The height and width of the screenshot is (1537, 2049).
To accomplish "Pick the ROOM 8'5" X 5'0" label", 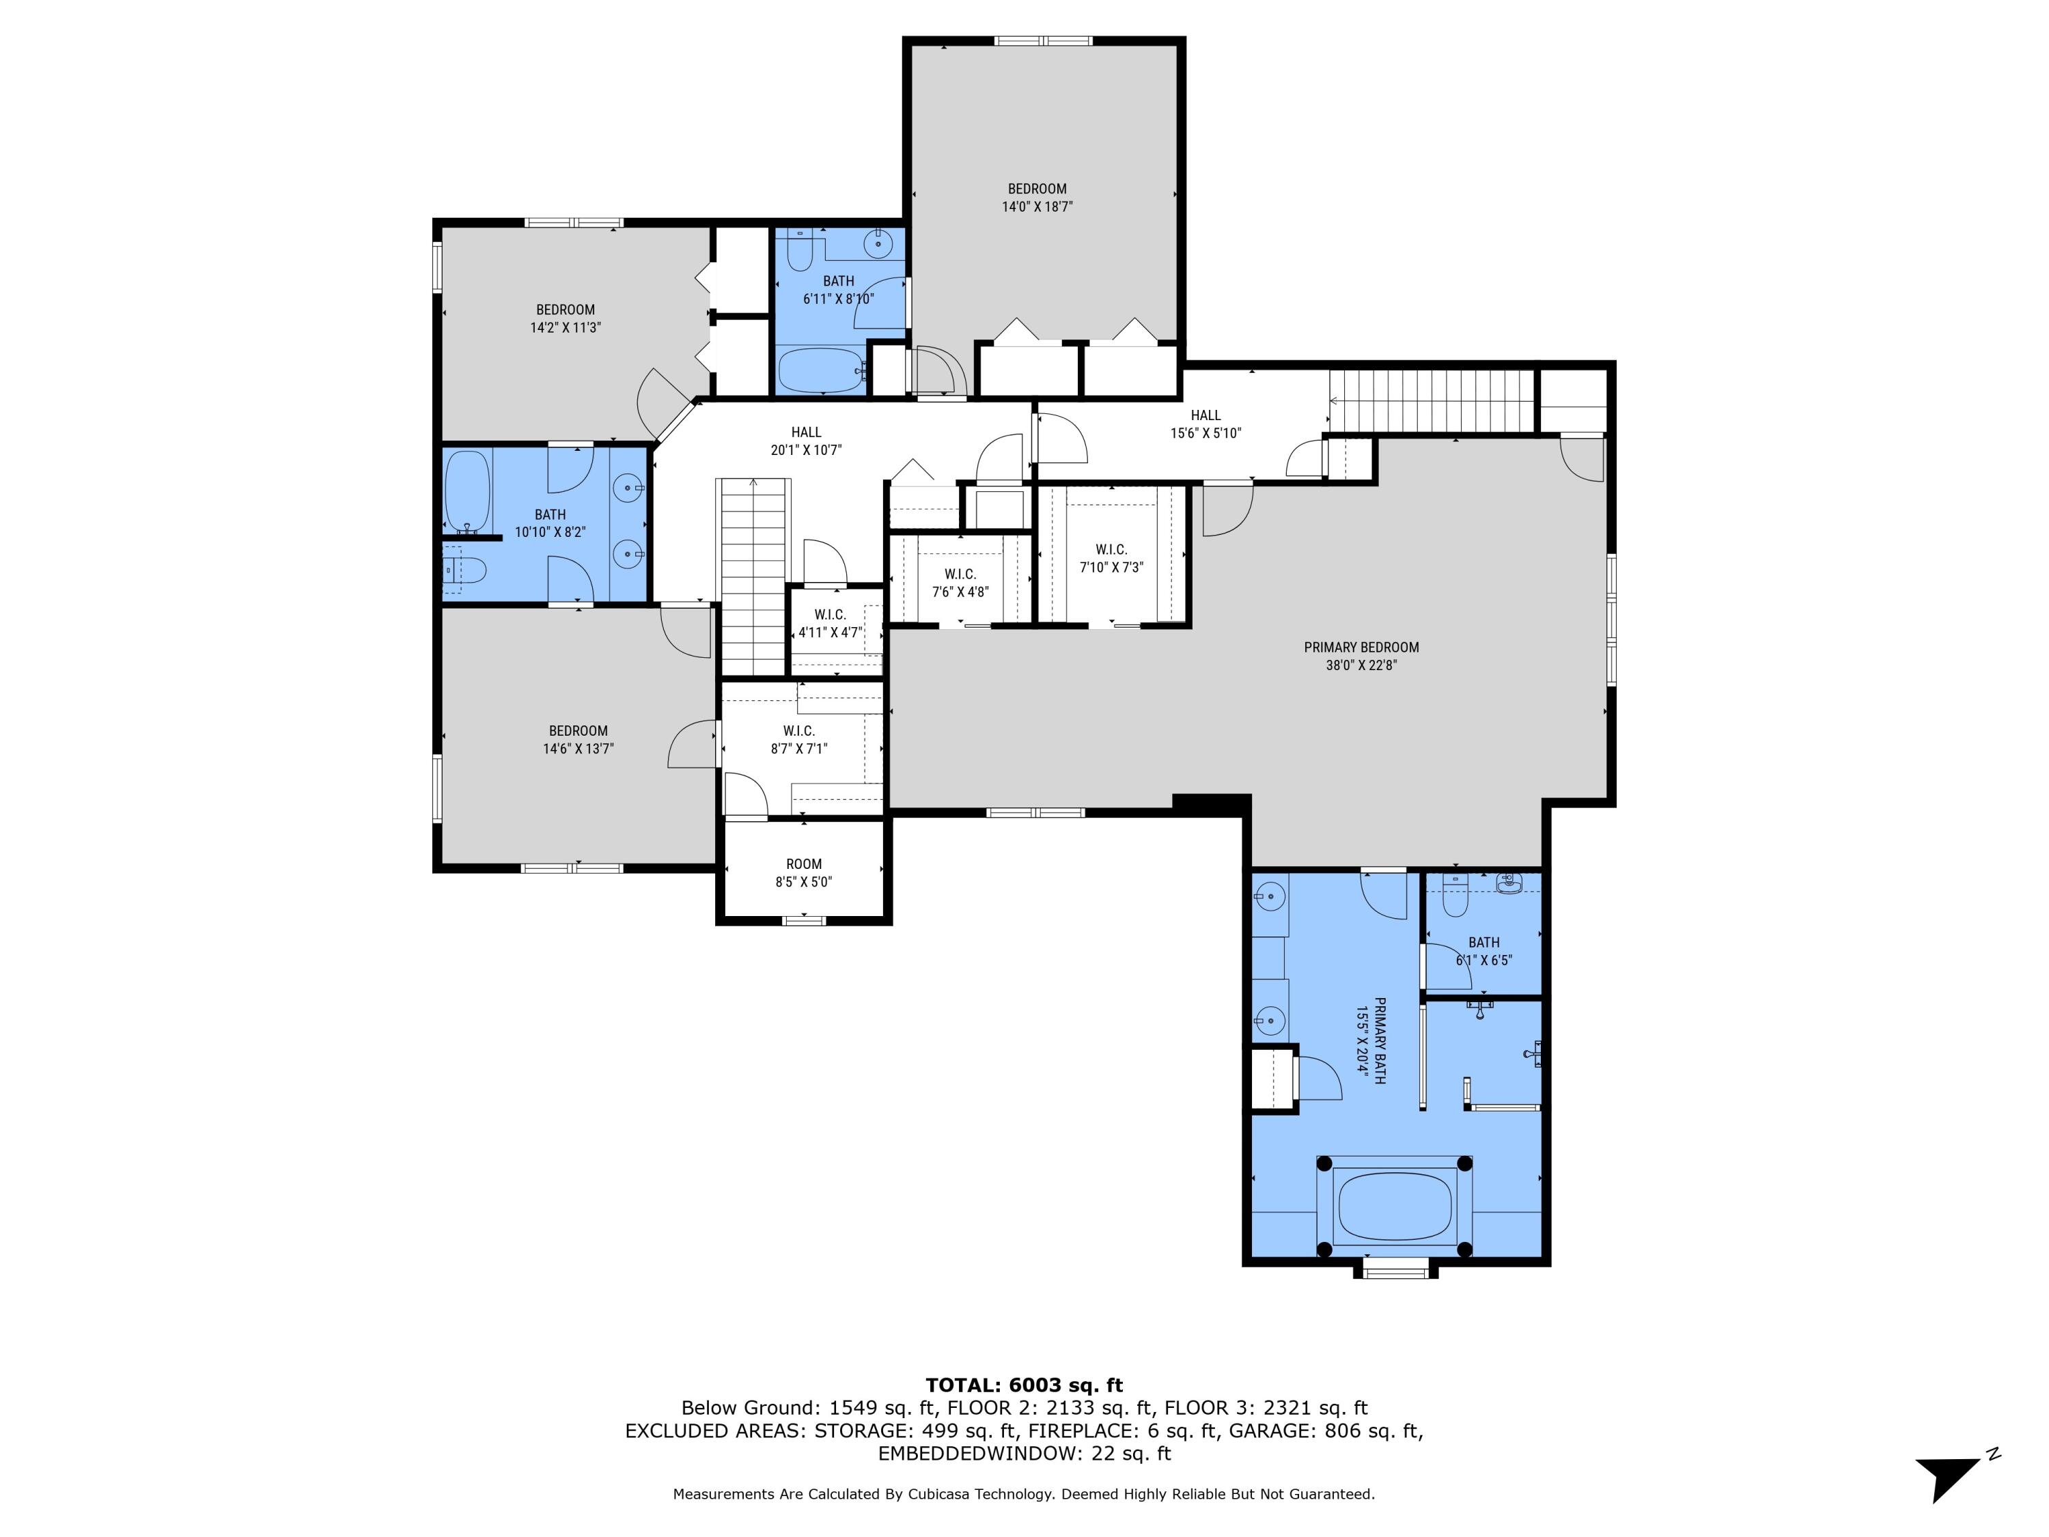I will pos(803,873).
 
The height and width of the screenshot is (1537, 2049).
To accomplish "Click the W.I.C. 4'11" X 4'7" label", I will pos(830,624).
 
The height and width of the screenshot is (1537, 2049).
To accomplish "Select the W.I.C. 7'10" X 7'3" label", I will pos(1111,557).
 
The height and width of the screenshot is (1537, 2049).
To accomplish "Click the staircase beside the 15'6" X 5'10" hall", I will pos(1431,400).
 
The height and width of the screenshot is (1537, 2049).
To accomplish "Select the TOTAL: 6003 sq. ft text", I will pos(1024,1385).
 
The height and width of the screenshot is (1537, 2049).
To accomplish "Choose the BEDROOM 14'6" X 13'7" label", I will pos(578,739).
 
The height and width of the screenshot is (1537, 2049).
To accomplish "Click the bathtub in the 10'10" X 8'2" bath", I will pos(468,491).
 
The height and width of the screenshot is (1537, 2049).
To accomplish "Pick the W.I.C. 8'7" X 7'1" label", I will pos(798,739).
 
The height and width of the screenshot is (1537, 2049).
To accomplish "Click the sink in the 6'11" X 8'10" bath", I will pos(877,244).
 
